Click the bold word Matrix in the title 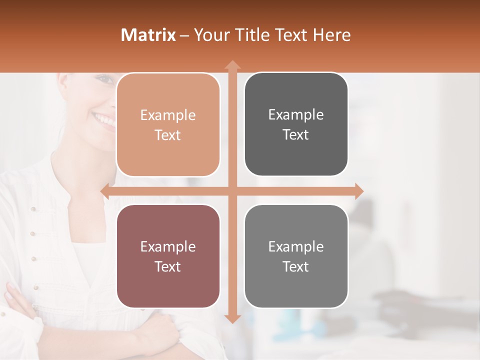148,35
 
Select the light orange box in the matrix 168,125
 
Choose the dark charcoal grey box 296,124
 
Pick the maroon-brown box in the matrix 168,256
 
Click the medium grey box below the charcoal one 296,256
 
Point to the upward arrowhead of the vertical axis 232,64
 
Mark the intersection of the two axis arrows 232,191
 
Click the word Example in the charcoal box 296,114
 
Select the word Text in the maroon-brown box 168,266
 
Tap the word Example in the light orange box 168,115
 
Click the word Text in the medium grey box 296,266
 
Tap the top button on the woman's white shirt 33,208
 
